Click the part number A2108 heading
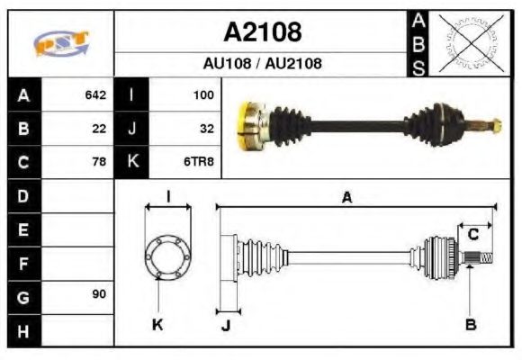[262, 31]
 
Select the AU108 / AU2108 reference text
[262, 64]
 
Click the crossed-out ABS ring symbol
[468, 42]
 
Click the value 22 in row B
[99, 129]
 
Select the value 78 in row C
[99, 162]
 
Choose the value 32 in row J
[206, 129]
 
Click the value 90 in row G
[99, 295]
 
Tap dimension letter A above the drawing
[346, 197]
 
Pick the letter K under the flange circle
[158, 324]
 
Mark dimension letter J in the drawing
[226, 325]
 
